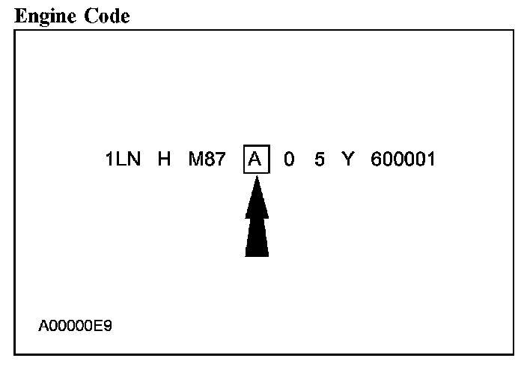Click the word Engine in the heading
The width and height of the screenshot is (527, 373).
(x=42, y=16)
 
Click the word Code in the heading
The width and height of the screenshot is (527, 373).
(x=104, y=16)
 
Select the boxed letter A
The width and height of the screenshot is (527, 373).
(x=256, y=160)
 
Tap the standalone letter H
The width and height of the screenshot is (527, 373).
(x=164, y=160)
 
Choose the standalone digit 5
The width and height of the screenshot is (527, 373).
(x=319, y=160)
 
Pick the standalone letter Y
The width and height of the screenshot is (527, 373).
(x=347, y=160)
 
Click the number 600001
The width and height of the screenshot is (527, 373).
(x=403, y=160)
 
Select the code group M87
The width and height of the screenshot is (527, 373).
(x=207, y=160)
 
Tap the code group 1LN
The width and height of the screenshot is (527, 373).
(x=124, y=160)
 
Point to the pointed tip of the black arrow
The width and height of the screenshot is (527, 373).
(x=256, y=178)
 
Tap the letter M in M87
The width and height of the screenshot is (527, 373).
(x=195, y=160)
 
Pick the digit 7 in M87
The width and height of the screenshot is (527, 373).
(x=220, y=160)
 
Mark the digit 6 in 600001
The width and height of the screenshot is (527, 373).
(x=376, y=160)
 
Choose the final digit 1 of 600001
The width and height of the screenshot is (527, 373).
(x=430, y=160)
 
